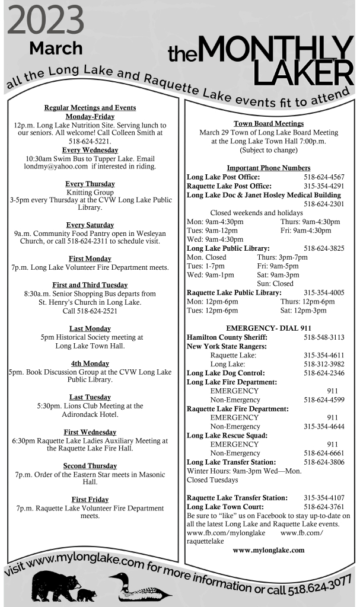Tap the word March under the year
click(56, 48)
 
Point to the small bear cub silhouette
click(87, 593)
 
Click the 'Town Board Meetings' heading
click(269, 123)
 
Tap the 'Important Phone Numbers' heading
click(268, 168)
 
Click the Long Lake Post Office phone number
click(324, 177)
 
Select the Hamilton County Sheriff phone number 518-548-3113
click(324, 337)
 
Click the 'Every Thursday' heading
click(90, 184)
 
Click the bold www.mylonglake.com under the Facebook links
click(268, 550)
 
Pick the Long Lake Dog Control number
click(324, 373)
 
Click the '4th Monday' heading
click(90, 363)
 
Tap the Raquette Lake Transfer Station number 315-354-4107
click(324, 497)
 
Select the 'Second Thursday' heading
click(90, 466)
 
